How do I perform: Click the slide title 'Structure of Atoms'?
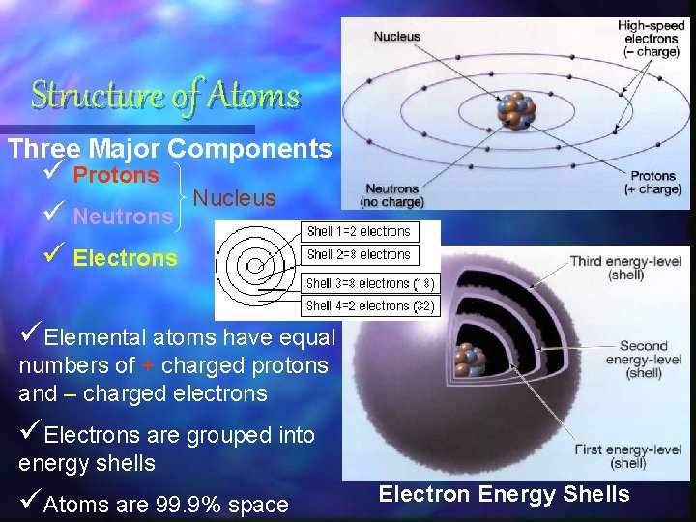pos(165,96)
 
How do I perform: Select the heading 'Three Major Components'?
pos(169,149)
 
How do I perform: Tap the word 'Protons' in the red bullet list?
pos(116,176)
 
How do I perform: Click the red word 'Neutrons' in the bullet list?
pos(123,217)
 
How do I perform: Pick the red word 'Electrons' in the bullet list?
pos(126,258)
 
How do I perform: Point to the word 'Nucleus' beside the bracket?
pos(235,199)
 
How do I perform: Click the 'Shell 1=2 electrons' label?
pos(359,232)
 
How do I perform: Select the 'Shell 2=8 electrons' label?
pos(359,255)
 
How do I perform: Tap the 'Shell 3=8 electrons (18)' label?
pos(370,284)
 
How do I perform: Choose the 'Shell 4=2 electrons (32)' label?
pos(370,306)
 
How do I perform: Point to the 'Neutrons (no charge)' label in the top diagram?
pos(391,195)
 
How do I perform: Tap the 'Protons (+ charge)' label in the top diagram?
pos(653,183)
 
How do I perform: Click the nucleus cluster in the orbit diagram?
pos(515,111)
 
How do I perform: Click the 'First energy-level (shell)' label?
pos(627,456)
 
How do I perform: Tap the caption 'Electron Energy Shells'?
pos(504,495)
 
